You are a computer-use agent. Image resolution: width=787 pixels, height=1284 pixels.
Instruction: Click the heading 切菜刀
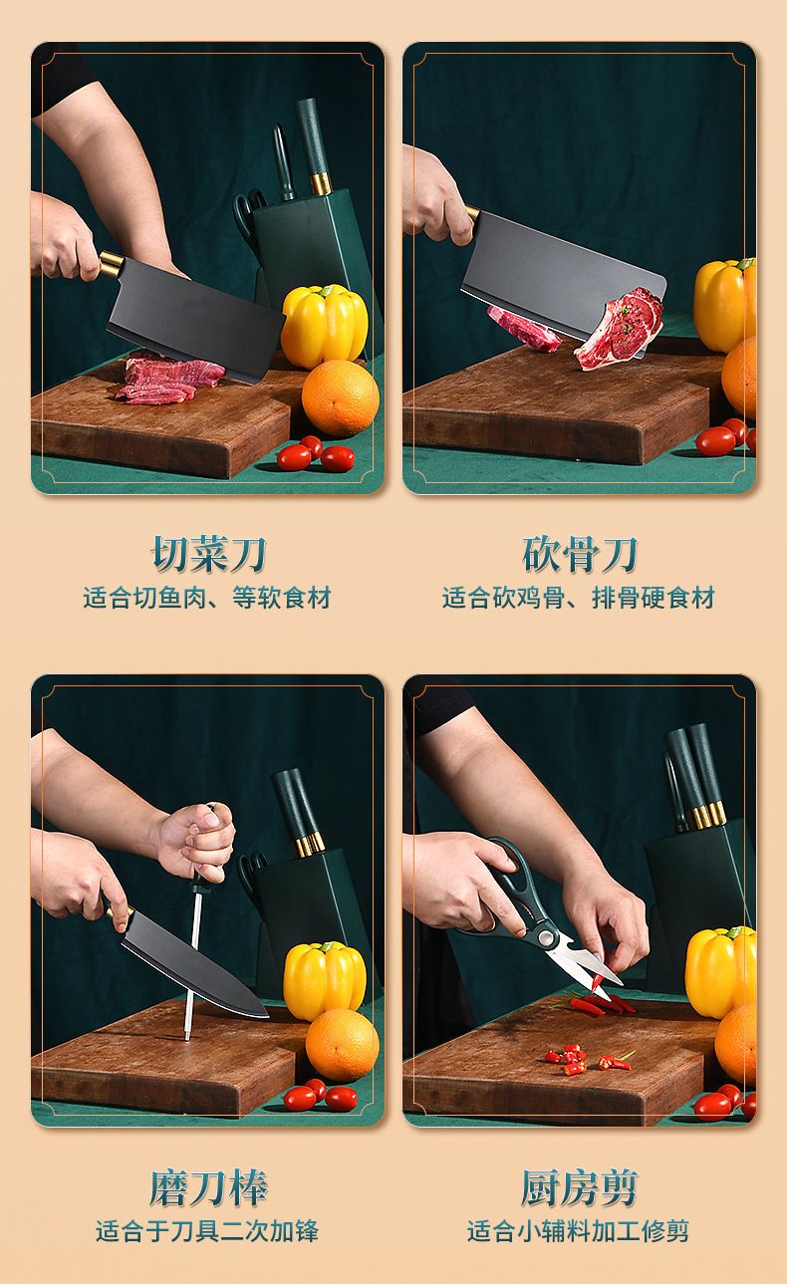[x=208, y=554]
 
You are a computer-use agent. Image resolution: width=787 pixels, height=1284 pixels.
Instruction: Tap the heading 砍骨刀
[x=580, y=554]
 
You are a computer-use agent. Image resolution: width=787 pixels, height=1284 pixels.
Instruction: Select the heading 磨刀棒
[x=208, y=1188]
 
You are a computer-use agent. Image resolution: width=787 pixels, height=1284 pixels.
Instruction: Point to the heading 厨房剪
[x=580, y=1188]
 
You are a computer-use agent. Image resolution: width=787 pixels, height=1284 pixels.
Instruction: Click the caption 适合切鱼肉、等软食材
[x=207, y=598]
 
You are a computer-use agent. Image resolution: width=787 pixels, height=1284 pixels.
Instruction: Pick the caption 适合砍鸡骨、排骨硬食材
[x=579, y=598]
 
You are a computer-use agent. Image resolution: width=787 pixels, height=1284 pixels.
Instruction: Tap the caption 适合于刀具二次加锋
[x=207, y=1230]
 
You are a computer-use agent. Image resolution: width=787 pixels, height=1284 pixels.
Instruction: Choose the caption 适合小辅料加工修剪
[x=578, y=1230]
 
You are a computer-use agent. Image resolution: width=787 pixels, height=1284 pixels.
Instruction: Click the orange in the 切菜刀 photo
[x=341, y=397]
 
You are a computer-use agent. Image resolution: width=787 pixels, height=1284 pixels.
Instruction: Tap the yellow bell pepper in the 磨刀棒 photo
[x=325, y=979]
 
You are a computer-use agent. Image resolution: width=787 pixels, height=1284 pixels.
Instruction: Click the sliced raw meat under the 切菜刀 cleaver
[x=170, y=382]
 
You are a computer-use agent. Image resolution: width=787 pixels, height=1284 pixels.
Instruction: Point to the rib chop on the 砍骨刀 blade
[x=619, y=329]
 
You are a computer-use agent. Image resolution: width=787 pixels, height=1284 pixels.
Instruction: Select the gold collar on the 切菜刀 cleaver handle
[x=112, y=265]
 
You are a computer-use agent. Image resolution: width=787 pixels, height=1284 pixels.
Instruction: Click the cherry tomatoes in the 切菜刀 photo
[x=315, y=454]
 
